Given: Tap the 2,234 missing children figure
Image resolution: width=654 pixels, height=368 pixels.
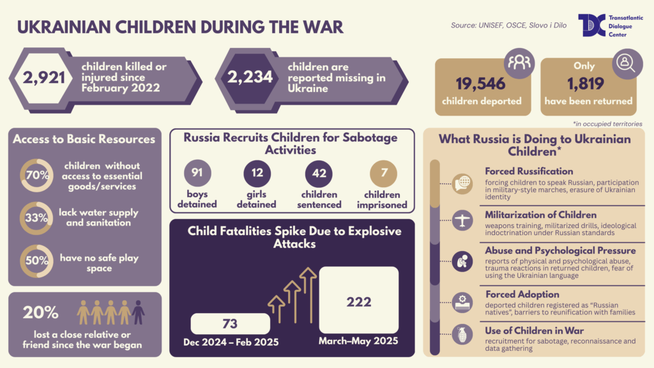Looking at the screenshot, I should [251, 77].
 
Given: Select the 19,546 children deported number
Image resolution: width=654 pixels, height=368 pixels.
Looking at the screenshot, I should [480, 84].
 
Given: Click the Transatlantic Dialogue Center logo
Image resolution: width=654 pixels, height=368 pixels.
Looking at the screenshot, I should [590, 25].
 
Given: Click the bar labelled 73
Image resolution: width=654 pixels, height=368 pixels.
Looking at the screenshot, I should [230, 323].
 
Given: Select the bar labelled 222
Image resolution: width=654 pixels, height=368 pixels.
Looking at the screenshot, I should [358, 300].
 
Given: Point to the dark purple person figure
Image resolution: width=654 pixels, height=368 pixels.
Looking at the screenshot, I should [139, 312].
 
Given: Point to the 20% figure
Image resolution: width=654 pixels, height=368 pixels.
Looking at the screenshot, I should [41, 312].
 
